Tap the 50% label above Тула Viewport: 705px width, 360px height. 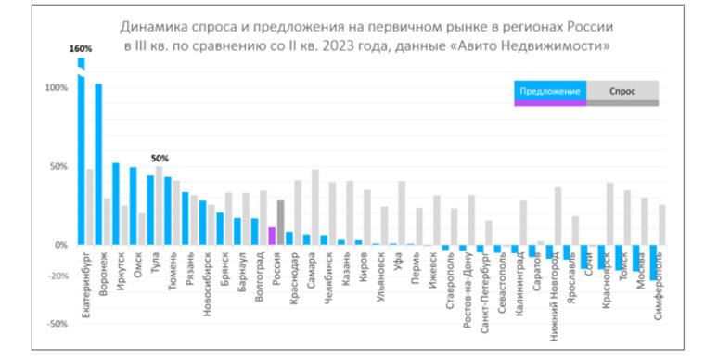(160, 159)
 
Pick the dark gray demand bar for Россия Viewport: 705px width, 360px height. (280, 223)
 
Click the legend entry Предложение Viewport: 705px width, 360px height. (550, 91)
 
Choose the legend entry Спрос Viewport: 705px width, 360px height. (622, 91)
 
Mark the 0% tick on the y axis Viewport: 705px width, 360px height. (58, 246)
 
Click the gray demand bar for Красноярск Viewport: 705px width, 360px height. (609, 214)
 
